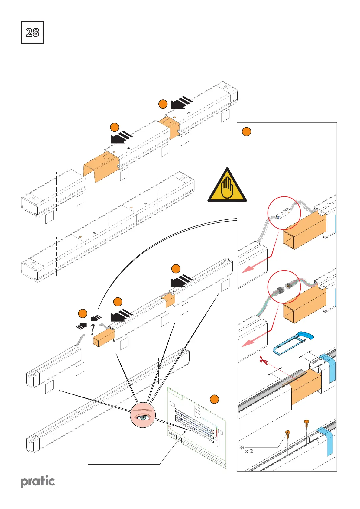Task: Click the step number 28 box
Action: (32, 33)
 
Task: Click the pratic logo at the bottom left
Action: (37, 481)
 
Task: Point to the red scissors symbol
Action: (264, 360)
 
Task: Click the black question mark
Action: (93, 330)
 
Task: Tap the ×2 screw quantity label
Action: (249, 451)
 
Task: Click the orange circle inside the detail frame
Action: (247, 132)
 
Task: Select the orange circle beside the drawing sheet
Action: (214, 399)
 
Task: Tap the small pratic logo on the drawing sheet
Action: (172, 435)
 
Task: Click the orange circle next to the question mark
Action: (83, 313)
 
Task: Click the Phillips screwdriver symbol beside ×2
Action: (242, 447)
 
